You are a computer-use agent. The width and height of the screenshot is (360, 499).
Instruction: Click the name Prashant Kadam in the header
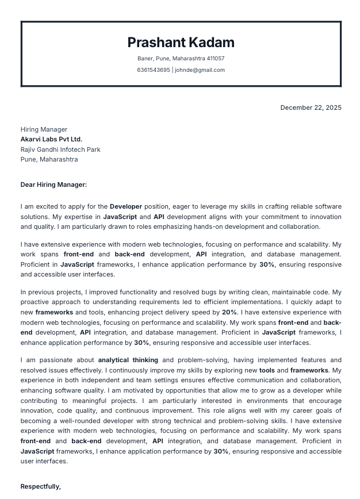point(181,43)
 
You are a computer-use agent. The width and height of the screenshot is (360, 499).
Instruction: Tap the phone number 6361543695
point(153,70)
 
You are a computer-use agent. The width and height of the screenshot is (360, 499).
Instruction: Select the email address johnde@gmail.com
point(200,70)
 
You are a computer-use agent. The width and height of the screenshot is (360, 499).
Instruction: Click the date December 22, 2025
point(311,108)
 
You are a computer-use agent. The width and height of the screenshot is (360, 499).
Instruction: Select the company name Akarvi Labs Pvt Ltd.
point(51,139)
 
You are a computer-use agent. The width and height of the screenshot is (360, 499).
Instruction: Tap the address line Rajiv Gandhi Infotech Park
point(60,149)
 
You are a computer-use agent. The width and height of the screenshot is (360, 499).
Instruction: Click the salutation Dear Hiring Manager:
point(53,185)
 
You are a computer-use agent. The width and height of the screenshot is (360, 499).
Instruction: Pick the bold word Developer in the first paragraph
point(126,206)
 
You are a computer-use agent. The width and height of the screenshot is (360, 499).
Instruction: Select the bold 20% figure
point(229,312)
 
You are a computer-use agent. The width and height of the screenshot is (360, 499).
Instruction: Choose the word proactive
point(36,302)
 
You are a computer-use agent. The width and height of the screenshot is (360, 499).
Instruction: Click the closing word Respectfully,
point(41,486)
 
